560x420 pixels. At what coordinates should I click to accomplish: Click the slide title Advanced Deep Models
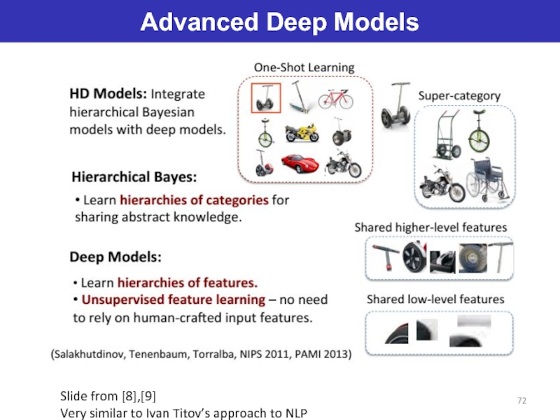(x=279, y=22)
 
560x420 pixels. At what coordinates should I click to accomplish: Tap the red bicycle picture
(x=335, y=98)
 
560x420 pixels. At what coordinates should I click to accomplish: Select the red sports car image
(x=300, y=163)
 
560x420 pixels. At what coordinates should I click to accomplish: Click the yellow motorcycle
(x=302, y=132)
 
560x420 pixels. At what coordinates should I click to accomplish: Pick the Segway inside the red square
(x=265, y=98)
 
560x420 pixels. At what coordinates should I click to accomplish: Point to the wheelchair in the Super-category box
(x=487, y=179)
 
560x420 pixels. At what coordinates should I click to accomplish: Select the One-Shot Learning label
(x=304, y=68)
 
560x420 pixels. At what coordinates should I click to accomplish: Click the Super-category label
(x=458, y=96)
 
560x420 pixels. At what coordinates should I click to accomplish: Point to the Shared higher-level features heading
(x=430, y=227)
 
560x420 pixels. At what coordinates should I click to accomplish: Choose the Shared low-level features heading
(x=435, y=299)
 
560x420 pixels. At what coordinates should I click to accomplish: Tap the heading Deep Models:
(x=115, y=257)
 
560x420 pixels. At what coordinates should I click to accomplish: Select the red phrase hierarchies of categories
(x=194, y=199)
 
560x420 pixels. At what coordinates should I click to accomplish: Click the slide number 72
(x=521, y=399)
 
